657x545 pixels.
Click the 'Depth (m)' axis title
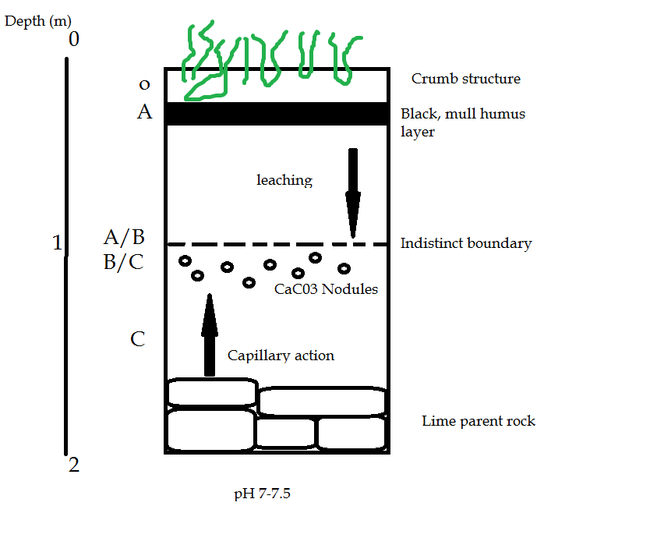(x=38, y=21)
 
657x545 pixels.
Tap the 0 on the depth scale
(x=74, y=39)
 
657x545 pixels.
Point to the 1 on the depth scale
(x=56, y=243)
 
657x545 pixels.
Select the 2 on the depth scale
(x=74, y=465)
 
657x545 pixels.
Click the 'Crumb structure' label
(x=465, y=79)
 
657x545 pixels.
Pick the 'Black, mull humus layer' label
(x=462, y=122)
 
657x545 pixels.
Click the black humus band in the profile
(x=277, y=114)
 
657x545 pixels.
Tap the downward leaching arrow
(x=353, y=192)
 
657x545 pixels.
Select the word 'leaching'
(x=284, y=180)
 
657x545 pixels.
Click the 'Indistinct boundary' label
(x=465, y=243)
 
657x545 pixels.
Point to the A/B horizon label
(x=124, y=237)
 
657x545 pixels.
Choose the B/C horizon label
(x=123, y=262)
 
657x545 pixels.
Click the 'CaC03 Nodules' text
(x=326, y=289)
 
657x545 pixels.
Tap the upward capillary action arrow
(x=208, y=335)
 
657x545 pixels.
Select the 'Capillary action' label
(x=281, y=356)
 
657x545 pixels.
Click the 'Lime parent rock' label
(x=479, y=421)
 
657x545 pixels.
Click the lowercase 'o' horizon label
(x=143, y=84)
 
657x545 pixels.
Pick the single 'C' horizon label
(x=138, y=339)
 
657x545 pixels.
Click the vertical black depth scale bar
(x=67, y=257)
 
